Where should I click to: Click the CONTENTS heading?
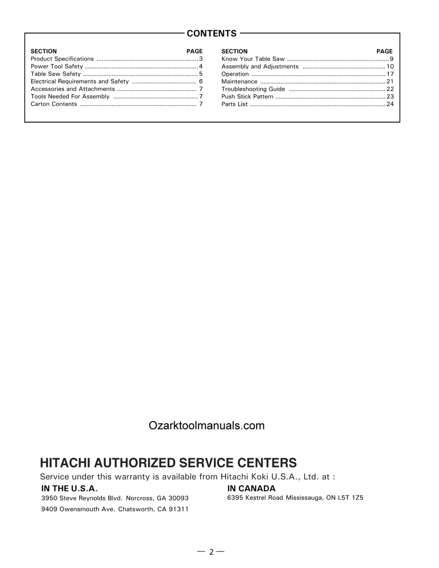(212, 34)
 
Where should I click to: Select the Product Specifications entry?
(62, 59)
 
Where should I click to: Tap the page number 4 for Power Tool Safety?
(201, 66)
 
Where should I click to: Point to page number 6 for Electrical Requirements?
(201, 81)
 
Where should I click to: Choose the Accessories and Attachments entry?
(72, 89)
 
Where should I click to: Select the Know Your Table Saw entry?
(253, 59)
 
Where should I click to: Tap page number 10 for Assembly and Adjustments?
(390, 66)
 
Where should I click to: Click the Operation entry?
(235, 74)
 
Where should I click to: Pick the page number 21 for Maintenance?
(390, 81)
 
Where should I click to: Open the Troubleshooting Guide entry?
(253, 89)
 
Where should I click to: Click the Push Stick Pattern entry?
(247, 97)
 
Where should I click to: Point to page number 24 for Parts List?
(390, 104)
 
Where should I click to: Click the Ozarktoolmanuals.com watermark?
(206, 426)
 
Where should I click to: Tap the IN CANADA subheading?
(251, 488)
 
